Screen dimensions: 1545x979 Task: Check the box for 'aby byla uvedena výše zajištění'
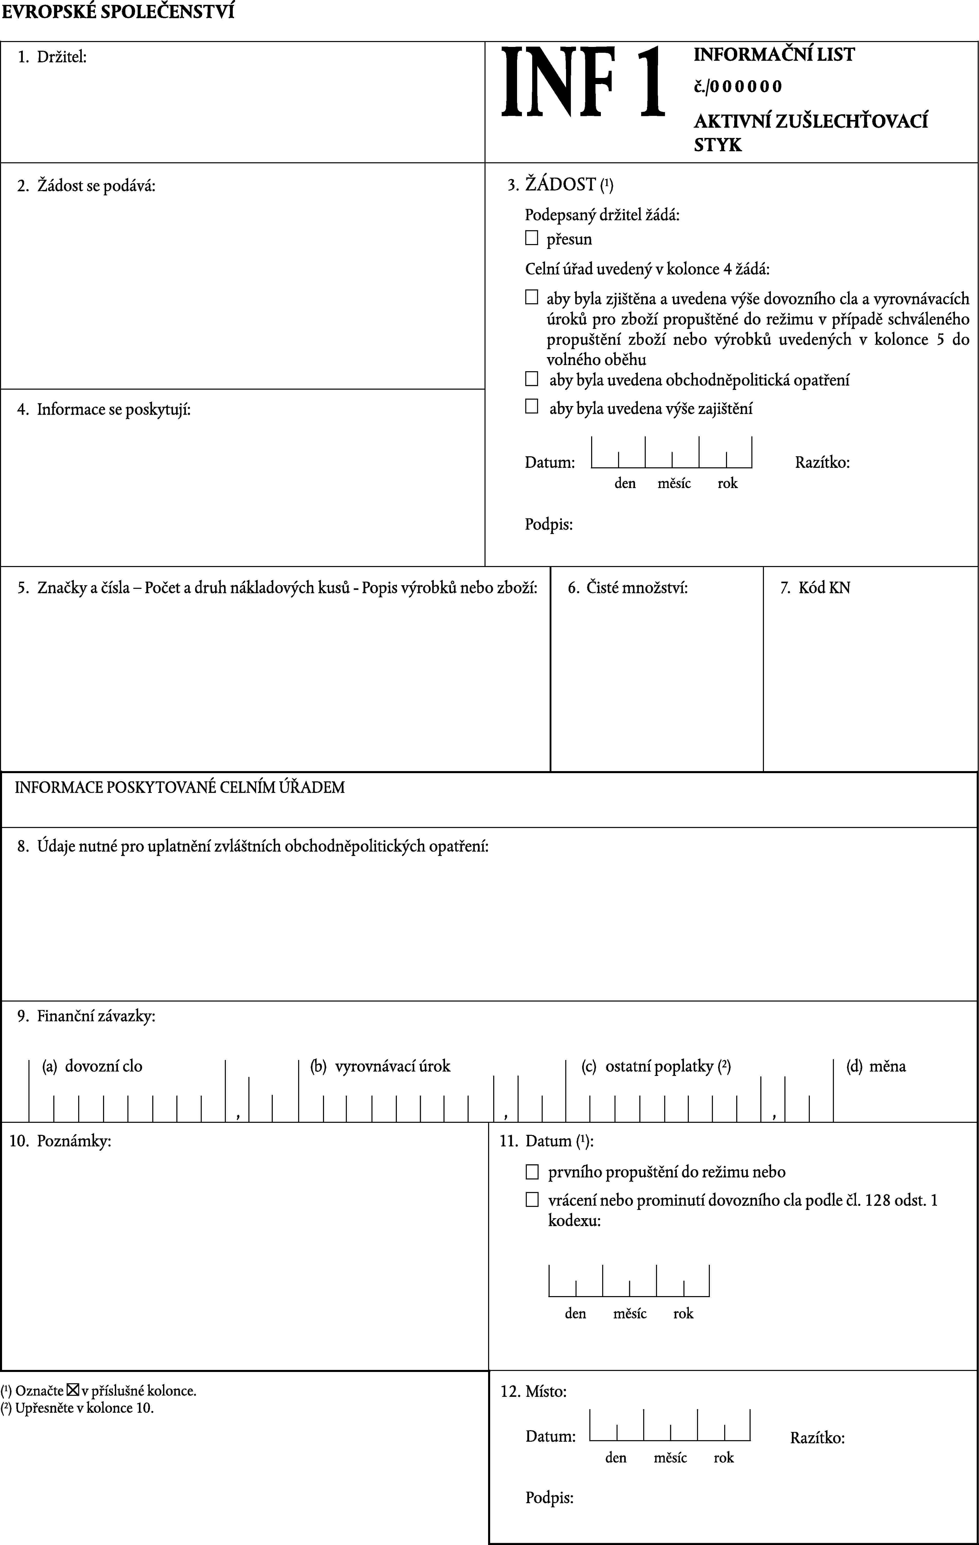point(531,406)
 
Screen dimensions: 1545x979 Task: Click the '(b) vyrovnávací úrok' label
point(380,1066)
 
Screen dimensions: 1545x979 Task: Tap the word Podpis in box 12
point(549,1498)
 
